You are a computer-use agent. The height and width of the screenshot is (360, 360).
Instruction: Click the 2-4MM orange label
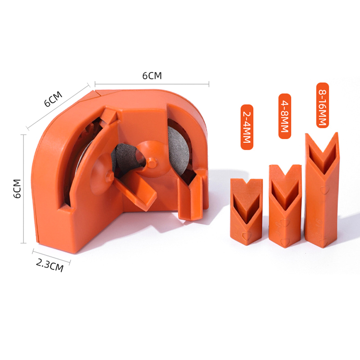[x=247, y=127]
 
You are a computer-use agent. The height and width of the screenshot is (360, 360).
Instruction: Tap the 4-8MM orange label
[x=285, y=116]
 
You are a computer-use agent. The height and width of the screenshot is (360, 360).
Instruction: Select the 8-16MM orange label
[x=323, y=105]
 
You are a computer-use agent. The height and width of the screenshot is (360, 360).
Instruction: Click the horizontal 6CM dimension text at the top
[x=152, y=76]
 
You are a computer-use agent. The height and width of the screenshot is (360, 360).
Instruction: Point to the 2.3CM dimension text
[x=50, y=265]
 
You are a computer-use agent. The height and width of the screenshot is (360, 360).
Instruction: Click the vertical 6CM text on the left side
[x=18, y=189]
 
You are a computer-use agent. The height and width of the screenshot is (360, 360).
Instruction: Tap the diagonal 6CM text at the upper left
[x=53, y=99]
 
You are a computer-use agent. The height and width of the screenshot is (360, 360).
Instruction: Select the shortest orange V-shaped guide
[x=246, y=211]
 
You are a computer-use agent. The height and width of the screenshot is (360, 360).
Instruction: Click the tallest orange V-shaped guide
[x=321, y=190]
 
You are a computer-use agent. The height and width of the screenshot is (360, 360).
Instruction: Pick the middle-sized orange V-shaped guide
[x=285, y=206]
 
